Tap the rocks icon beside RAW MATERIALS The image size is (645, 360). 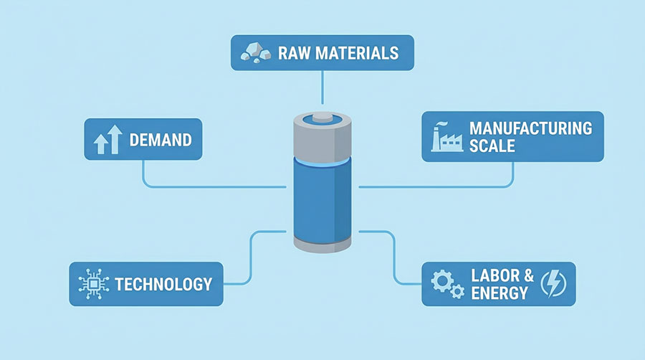click(254, 52)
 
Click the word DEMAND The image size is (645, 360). click(161, 139)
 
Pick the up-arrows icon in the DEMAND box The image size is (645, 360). click(105, 139)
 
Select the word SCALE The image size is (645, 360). click(492, 146)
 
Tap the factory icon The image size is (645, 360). click(444, 136)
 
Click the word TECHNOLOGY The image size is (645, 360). click(163, 283)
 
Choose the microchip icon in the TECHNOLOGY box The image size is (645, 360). click(92, 283)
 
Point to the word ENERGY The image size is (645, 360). click(500, 293)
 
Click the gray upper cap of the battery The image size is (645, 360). click(322, 140)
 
